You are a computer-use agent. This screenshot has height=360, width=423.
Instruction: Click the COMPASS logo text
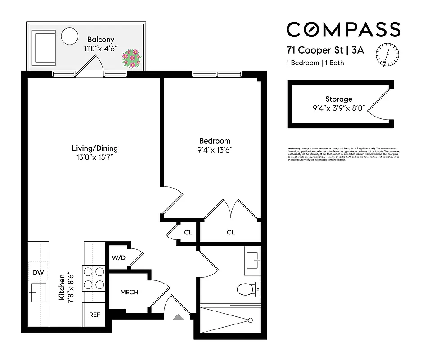point(343,30)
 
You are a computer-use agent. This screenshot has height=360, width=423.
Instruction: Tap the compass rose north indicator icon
point(387,54)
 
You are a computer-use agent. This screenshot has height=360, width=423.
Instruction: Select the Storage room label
point(338,99)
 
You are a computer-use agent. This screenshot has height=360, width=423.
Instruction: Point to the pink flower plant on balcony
point(132,58)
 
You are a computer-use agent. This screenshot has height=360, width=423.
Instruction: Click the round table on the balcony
point(69,36)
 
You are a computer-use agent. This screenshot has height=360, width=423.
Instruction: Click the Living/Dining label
point(94,148)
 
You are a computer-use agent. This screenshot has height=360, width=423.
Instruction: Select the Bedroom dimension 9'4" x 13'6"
point(215,150)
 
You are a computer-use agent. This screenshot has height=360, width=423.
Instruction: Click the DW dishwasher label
point(38,272)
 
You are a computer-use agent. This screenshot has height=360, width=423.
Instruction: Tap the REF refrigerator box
point(94,315)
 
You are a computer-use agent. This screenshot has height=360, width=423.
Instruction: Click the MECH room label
point(129,292)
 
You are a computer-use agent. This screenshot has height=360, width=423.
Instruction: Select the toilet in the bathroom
point(245,288)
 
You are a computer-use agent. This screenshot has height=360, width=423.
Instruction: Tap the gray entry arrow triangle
point(179,317)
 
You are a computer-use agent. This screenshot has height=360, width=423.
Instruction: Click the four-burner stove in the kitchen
point(94,278)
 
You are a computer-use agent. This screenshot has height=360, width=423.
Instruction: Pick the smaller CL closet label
point(188,233)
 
